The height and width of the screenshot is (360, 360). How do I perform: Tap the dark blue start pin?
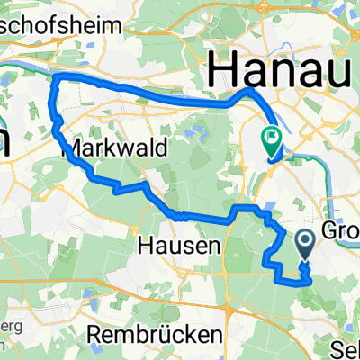click(304, 241)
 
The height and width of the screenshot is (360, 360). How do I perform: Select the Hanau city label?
click(279, 69)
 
